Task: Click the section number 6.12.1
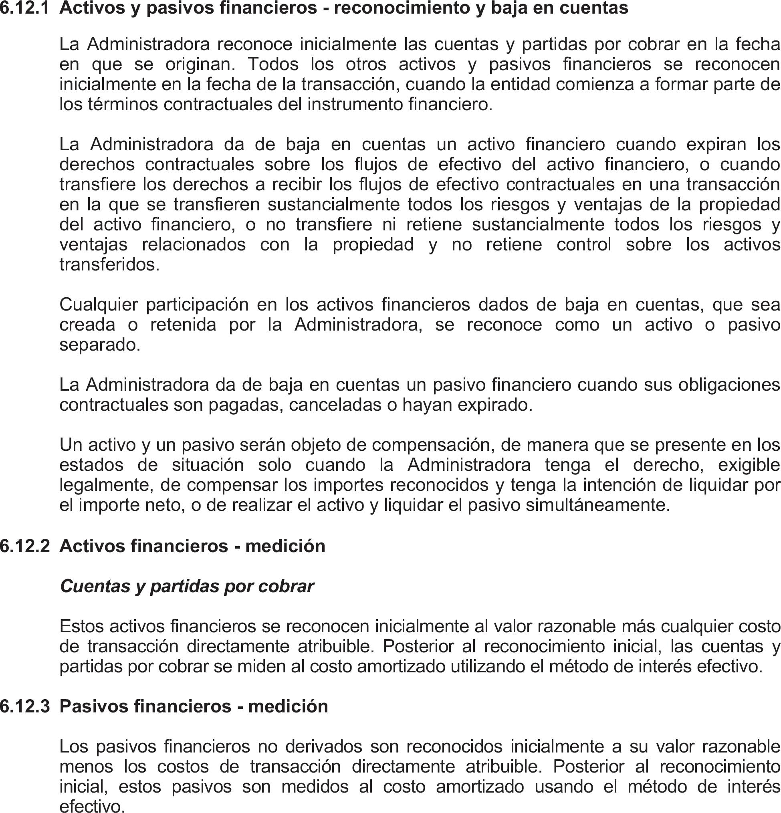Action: (24, 8)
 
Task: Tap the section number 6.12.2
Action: (24, 546)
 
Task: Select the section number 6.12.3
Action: (24, 706)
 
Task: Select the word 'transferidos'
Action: (109, 264)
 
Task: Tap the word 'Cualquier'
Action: (99, 305)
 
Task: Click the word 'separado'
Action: (99, 345)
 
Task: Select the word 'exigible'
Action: (749, 465)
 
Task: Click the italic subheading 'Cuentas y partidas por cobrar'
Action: (187, 586)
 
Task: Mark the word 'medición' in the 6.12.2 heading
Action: (285, 546)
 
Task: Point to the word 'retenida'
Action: (183, 325)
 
